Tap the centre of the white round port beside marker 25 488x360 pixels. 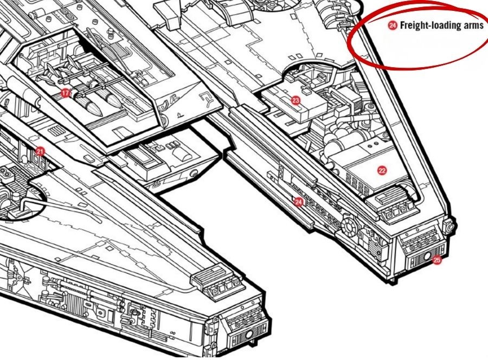(x=427, y=256)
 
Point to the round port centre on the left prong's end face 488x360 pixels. (x=249, y=335)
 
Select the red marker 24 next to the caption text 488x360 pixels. (x=393, y=25)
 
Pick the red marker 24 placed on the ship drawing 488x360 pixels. (x=298, y=203)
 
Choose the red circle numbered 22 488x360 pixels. (x=382, y=170)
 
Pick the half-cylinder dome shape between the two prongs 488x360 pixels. (x=182, y=153)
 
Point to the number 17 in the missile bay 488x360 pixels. (x=66, y=93)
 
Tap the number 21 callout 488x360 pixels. (x=40, y=151)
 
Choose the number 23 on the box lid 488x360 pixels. (x=296, y=100)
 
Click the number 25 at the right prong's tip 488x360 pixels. (x=437, y=260)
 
